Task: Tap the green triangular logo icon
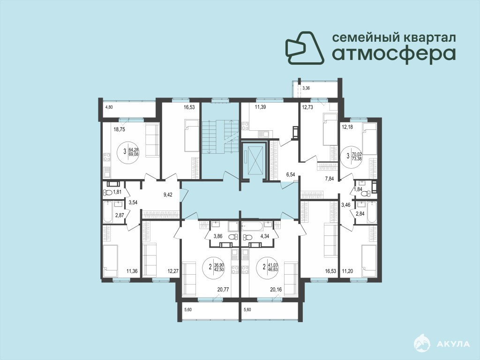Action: pos(305,47)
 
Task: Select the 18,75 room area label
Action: pos(120,129)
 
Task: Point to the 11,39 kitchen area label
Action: pos(261,107)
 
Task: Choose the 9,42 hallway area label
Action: pos(168,195)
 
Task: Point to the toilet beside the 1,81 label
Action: pos(108,193)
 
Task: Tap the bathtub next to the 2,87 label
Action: pos(108,211)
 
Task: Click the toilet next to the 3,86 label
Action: pos(232,236)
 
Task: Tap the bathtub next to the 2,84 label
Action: pos(372,212)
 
